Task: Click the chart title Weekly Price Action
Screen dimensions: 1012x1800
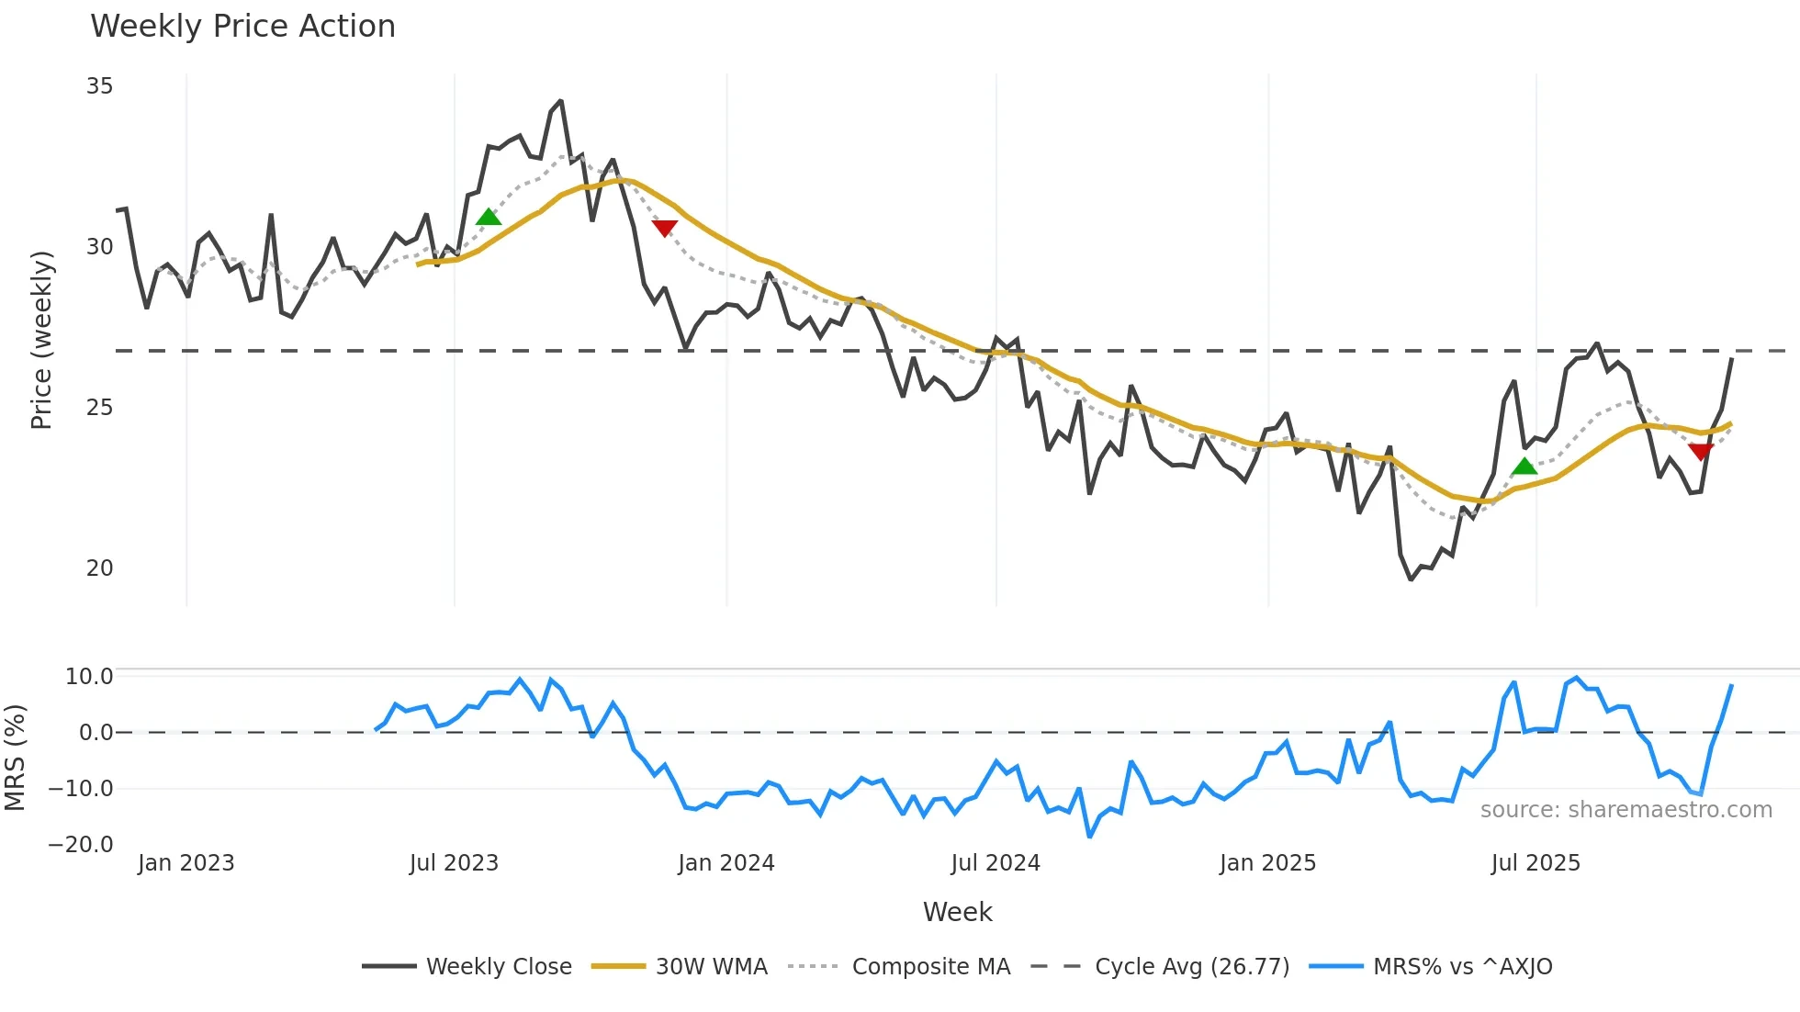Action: pyautogui.click(x=242, y=27)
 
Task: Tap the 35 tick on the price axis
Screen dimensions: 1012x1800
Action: pyautogui.click(x=99, y=86)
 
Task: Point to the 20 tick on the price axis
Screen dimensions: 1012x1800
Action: pyautogui.click(x=99, y=568)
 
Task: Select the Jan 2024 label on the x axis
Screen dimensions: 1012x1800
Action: pyautogui.click(x=726, y=863)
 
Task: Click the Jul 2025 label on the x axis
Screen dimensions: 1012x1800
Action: pyautogui.click(x=1536, y=863)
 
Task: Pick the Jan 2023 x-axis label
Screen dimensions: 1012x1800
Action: pyautogui.click(x=186, y=863)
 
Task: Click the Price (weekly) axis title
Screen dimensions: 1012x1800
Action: pyautogui.click(x=42, y=340)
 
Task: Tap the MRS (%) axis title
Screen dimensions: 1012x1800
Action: pyautogui.click(x=16, y=758)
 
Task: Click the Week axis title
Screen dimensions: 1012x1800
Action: pyautogui.click(x=957, y=912)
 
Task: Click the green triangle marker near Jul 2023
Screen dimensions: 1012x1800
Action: pyautogui.click(x=489, y=218)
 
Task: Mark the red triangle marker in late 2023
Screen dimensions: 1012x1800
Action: pyautogui.click(x=664, y=228)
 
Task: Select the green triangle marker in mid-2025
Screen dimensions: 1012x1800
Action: pyautogui.click(x=1524, y=467)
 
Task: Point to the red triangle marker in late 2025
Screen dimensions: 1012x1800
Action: pyautogui.click(x=1701, y=451)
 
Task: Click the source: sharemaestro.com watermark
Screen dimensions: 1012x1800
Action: pyautogui.click(x=1626, y=810)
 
